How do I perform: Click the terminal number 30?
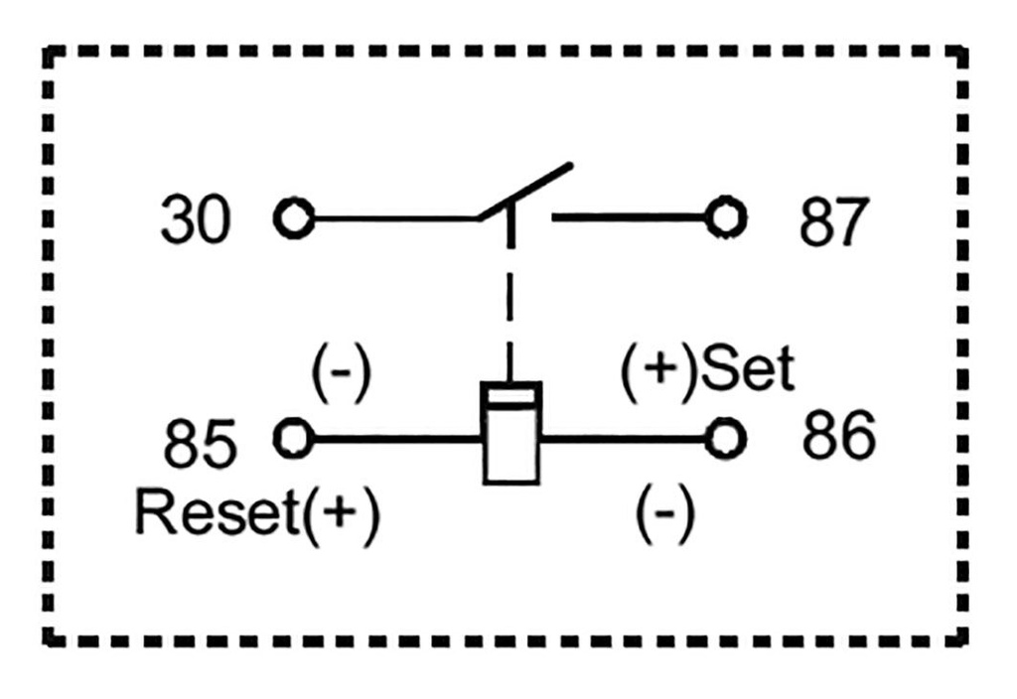tap(196, 220)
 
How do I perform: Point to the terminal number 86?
tap(839, 437)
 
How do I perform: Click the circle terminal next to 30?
tap(293, 217)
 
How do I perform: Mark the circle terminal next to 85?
tap(294, 437)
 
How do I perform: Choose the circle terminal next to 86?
tap(726, 437)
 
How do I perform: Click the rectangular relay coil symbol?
tap(510, 434)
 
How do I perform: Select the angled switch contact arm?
tap(526, 189)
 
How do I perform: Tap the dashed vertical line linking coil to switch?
tap(510, 298)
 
